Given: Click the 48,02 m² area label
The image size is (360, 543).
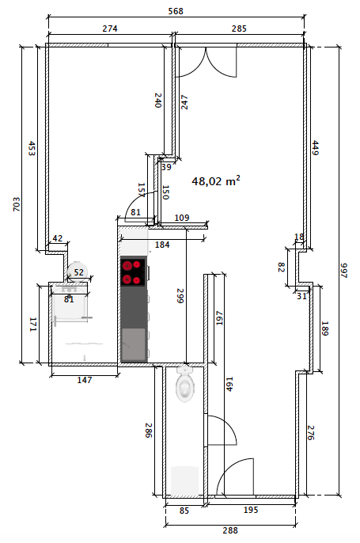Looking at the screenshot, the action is coord(216,180).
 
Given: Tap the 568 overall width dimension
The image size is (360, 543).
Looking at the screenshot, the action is coord(176,11).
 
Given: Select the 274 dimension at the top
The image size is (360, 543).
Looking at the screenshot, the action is coord(110,28).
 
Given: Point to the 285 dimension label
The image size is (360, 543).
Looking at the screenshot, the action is coord(239,28).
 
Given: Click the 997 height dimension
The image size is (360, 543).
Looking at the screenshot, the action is coord(343,271).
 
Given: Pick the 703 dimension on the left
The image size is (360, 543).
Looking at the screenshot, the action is coord(17,204).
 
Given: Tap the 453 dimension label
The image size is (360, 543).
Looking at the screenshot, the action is coord(32,148).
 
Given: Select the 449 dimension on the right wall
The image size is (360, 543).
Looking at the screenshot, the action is coord(315,147).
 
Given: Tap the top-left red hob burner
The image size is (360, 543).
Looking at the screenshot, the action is coord(127,266).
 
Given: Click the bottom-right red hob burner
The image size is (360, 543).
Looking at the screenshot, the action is coord(137,280).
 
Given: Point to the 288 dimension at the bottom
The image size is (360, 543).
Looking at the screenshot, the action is coord(230,530).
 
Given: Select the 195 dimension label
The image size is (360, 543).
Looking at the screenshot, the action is coord(251,510).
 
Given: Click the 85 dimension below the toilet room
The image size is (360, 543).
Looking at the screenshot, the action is coord(184,511).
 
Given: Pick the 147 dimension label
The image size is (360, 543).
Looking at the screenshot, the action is coord(85,380).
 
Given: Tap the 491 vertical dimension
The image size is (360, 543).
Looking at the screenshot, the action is coord(229,384).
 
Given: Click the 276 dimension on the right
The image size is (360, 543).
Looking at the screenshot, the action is coord(310,432).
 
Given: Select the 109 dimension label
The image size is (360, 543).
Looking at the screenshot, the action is coord(182,218).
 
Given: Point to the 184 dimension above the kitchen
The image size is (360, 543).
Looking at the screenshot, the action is coord(162,245).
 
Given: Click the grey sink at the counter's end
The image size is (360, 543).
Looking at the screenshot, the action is coord(133,344).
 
